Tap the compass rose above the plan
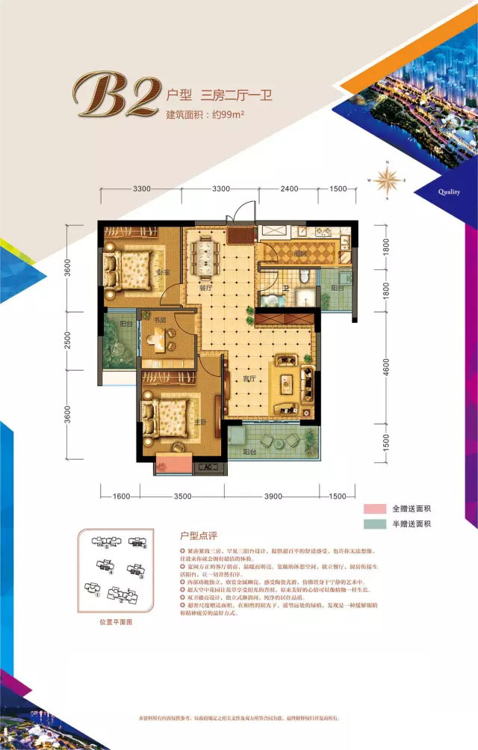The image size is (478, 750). coord(388,180)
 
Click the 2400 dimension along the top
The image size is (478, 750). coord(291,188)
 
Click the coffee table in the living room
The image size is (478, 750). coord(288,384)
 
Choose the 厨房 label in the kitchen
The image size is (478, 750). coord(300,254)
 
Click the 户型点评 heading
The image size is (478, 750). coord(197,536)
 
